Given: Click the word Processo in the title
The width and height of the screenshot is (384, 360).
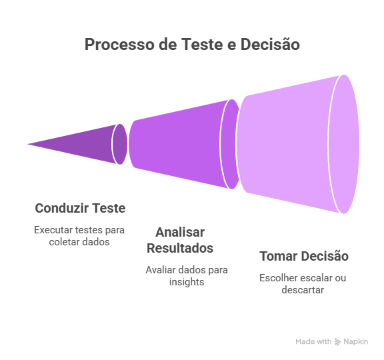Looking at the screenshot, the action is point(120,45).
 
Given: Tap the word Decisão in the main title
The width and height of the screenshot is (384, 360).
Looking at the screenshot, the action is point(270,44).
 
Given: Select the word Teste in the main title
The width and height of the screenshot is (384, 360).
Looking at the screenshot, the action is point(202,44).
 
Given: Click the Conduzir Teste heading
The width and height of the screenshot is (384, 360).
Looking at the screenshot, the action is point(80,208).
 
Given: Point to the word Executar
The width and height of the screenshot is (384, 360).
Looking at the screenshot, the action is point(53,230).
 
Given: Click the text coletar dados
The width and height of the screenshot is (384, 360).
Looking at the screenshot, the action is point(79,242).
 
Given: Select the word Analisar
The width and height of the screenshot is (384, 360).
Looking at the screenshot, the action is point(180,232).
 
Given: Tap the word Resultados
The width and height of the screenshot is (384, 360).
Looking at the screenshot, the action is point(180,248).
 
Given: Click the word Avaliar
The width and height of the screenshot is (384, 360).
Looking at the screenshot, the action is point(161,270).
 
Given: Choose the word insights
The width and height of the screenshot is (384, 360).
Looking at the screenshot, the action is point(187,282).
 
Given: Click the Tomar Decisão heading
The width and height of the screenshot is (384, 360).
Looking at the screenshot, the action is point(304,256).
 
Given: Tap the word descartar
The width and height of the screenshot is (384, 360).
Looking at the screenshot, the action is point(303,290).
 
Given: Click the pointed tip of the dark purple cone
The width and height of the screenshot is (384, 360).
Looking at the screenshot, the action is point(27,144).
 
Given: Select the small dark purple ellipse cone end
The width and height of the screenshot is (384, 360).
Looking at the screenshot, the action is point(120,144).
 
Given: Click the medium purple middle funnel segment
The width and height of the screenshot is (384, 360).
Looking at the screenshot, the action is point(176,144).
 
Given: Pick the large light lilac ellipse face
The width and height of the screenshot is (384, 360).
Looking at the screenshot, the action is point(344,144).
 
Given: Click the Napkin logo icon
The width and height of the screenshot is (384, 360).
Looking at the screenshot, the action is point(338,342).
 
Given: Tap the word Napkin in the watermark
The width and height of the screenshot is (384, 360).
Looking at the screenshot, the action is point(355,341).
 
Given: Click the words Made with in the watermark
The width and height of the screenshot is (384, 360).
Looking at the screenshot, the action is point(313,341).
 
